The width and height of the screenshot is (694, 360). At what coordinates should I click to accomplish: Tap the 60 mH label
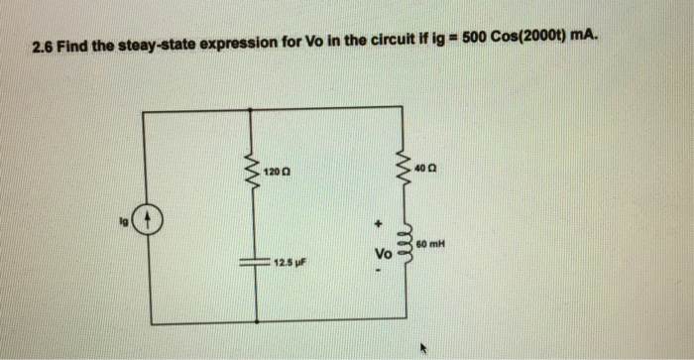click(431, 242)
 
